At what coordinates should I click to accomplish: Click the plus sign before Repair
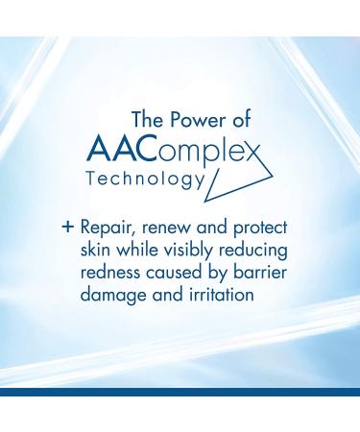click(68, 228)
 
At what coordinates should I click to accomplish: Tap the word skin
click(97, 252)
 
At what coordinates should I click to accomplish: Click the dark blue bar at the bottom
click(180, 393)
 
